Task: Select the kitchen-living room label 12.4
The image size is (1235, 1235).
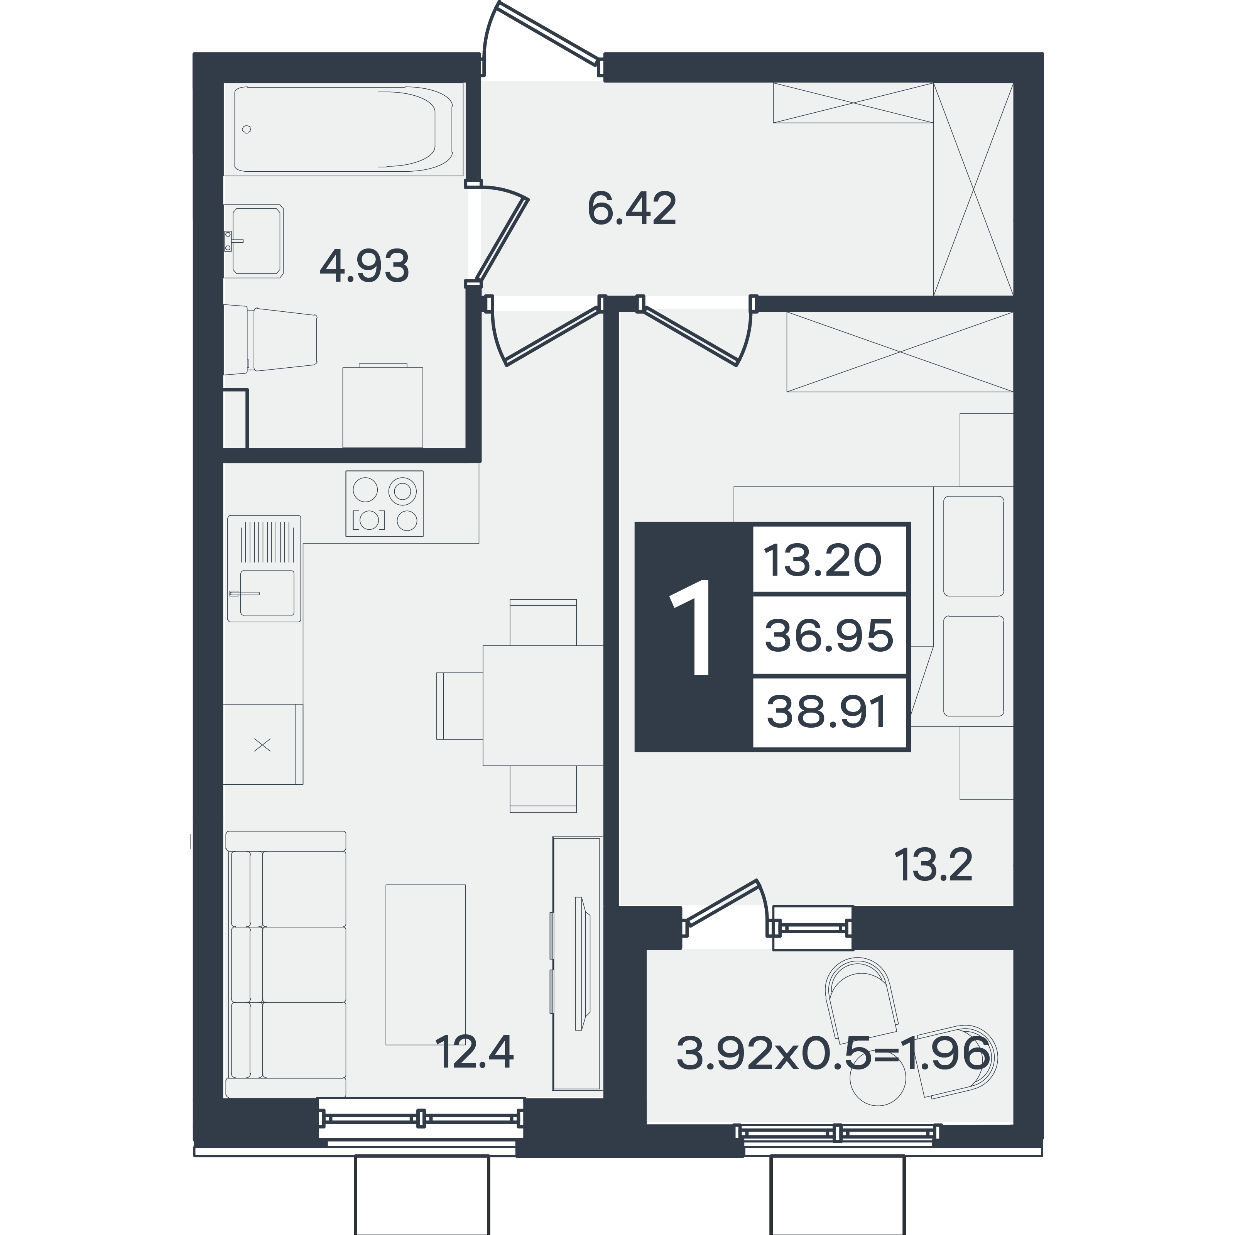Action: [474, 1053]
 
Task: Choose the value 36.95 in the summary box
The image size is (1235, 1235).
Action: [829, 635]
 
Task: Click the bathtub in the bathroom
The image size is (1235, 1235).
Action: [343, 129]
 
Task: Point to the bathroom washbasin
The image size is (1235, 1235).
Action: [254, 241]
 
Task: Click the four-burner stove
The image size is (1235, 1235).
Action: [384, 503]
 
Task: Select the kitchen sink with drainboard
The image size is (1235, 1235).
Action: [264, 568]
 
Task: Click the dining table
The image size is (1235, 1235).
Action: [543, 706]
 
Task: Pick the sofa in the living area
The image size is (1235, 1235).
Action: [286, 964]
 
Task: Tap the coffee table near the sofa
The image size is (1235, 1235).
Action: [425, 965]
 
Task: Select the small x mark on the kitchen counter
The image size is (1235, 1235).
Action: [263, 745]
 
